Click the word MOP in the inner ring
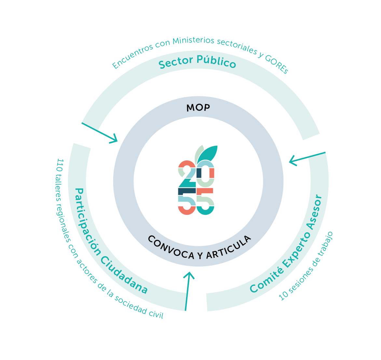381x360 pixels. point(198,108)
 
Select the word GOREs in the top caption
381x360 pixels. point(277,64)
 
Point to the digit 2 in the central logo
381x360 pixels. point(187,174)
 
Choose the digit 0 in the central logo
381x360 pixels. point(205,174)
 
